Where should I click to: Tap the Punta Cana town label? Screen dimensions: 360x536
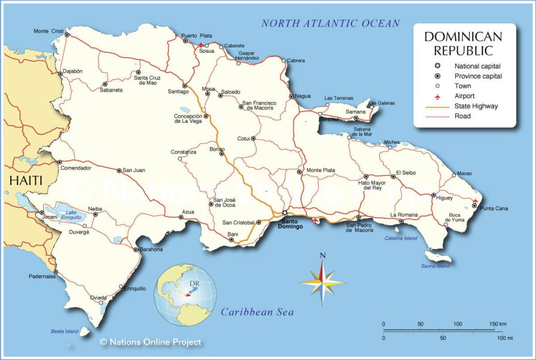pyautogui.click(x=494, y=208)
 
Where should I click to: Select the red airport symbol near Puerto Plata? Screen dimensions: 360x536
pyautogui.click(x=200, y=44)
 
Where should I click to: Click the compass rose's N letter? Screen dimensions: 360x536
pyautogui.click(x=323, y=256)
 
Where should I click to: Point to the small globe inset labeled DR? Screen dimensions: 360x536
pyautogui.click(x=185, y=292)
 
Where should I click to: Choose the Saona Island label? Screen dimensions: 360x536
pyautogui.click(x=435, y=266)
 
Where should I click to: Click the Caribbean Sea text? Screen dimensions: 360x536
pyautogui.click(x=257, y=312)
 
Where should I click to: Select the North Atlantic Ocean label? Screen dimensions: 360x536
pyautogui.click(x=330, y=23)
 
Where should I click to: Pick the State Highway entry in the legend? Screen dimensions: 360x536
pyautogui.click(x=476, y=106)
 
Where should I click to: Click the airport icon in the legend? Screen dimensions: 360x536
pyautogui.click(x=438, y=96)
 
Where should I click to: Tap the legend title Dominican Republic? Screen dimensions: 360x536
pyautogui.click(x=463, y=43)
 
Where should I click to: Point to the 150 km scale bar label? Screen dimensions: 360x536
pyautogui.click(x=497, y=324)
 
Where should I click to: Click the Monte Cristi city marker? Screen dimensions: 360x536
pyautogui.click(x=67, y=35)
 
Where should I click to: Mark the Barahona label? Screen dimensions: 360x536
pyautogui.click(x=150, y=250)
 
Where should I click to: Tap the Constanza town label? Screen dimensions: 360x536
pyautogui.click(x=183, y=152)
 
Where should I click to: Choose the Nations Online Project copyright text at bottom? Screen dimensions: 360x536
pyautogui.click(x=150, y=342)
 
